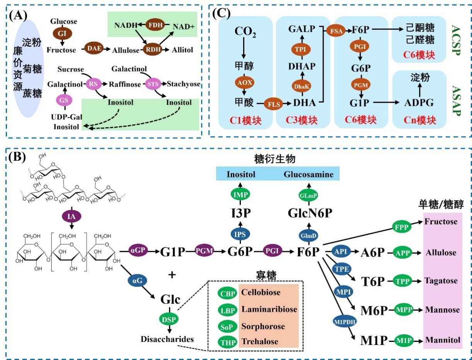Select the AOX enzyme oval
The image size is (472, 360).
pos(244,82)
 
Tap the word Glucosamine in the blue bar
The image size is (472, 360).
pos(308,174)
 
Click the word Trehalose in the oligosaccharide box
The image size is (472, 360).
pos(260,341)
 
